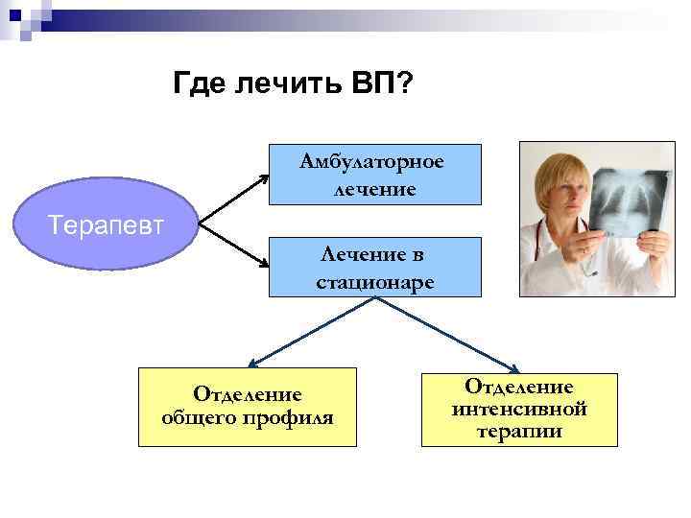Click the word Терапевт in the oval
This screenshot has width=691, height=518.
(x=107, y=225)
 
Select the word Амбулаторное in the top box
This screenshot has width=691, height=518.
(x=372, y=160)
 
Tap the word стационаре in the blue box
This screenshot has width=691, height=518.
(x=374, y=282)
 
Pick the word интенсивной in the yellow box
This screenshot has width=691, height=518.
(x=519, y=410)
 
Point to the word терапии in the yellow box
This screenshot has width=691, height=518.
(x=519, y=432)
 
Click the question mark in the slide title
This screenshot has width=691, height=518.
(x=406, y=85)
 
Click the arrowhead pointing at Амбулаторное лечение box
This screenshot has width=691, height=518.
(x=267, y=176)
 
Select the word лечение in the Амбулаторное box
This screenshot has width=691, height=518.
(x=374, y=189)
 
